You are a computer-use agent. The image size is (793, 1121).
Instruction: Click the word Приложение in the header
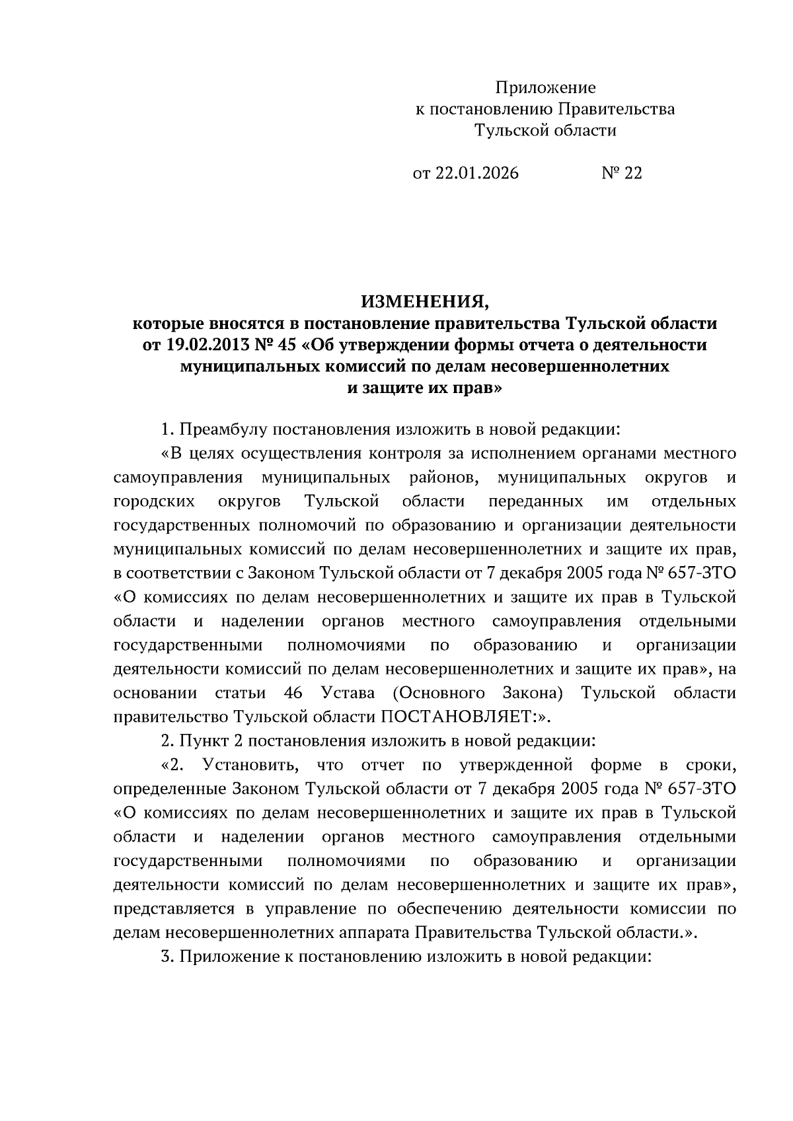[545, 87]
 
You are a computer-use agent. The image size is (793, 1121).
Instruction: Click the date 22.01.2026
[476, 173]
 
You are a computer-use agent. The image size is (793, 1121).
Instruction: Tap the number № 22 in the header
[621, 173]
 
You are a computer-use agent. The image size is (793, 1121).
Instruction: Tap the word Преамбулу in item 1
[221, 429]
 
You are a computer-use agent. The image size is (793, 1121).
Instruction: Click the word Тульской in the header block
[506, 130]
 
